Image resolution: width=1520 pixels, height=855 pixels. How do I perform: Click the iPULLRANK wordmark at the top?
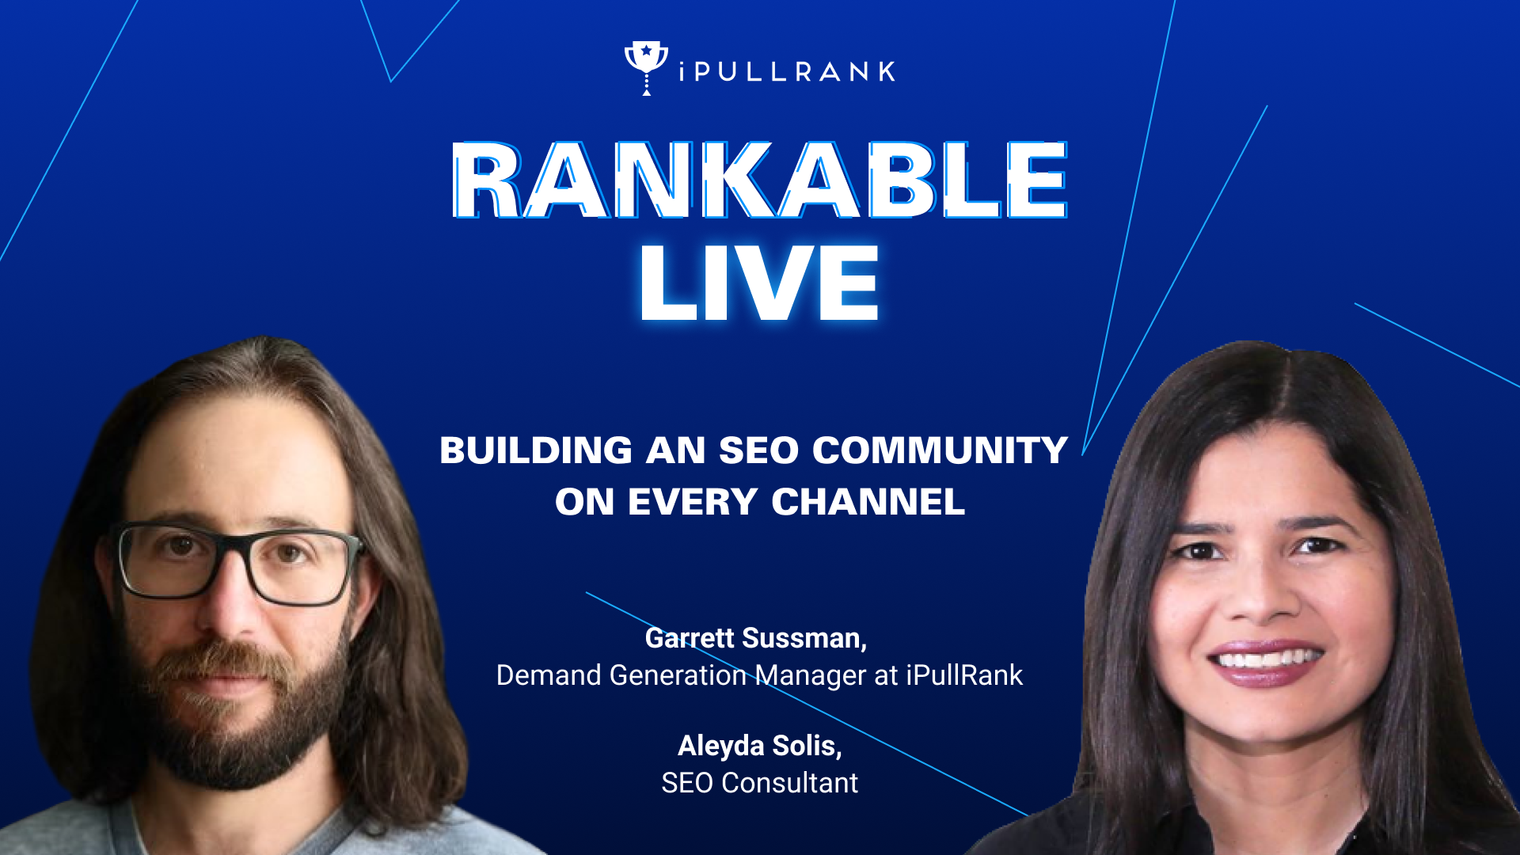click(787, 72)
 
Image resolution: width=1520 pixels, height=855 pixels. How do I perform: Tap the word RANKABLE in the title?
click(760, 180)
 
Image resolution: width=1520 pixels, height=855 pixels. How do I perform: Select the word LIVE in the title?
click(760, 283)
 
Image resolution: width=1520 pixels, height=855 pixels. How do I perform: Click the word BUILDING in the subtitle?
click(536, 450)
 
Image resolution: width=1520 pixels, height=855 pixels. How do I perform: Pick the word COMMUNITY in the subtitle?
click(940, 450)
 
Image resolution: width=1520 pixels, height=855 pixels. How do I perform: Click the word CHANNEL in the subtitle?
click(868, 502)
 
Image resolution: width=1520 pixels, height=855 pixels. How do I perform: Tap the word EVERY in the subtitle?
click(693, 502)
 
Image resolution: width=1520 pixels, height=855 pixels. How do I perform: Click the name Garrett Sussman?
click(756, 638)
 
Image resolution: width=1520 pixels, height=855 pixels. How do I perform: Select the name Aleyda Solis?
click(760, 746)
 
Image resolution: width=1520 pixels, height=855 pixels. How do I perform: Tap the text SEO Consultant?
click(760, 783)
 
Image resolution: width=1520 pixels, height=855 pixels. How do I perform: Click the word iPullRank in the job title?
click(964, 675)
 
